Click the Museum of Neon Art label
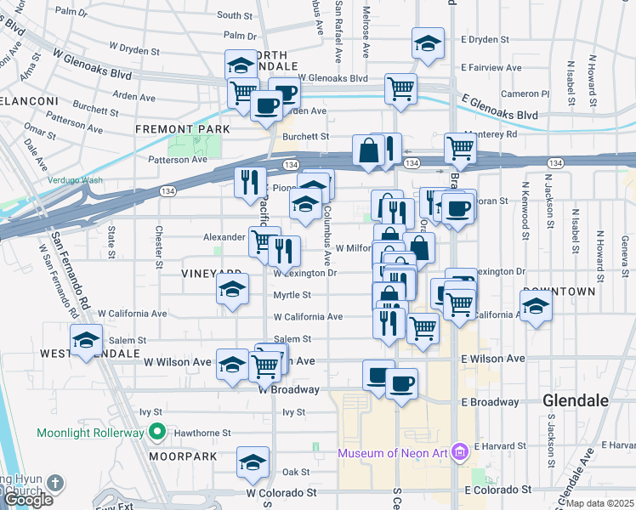pos(393,452)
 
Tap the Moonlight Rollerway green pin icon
pos(156,433)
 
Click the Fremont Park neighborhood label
pos(183,128)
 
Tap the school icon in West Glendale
pos(86,341)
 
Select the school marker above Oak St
pos(253,462)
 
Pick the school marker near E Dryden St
pos(428,43)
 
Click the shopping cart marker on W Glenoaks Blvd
pos(400,88)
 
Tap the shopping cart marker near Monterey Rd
pos(460,148)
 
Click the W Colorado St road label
pos(281,492)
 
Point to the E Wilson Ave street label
pos(492,359)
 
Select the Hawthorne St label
pos(203,433)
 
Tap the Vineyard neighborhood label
pos(202,274)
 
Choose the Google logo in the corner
pos(28,500)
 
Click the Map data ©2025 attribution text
pos(599,503)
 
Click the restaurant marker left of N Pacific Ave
pos(249,181)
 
